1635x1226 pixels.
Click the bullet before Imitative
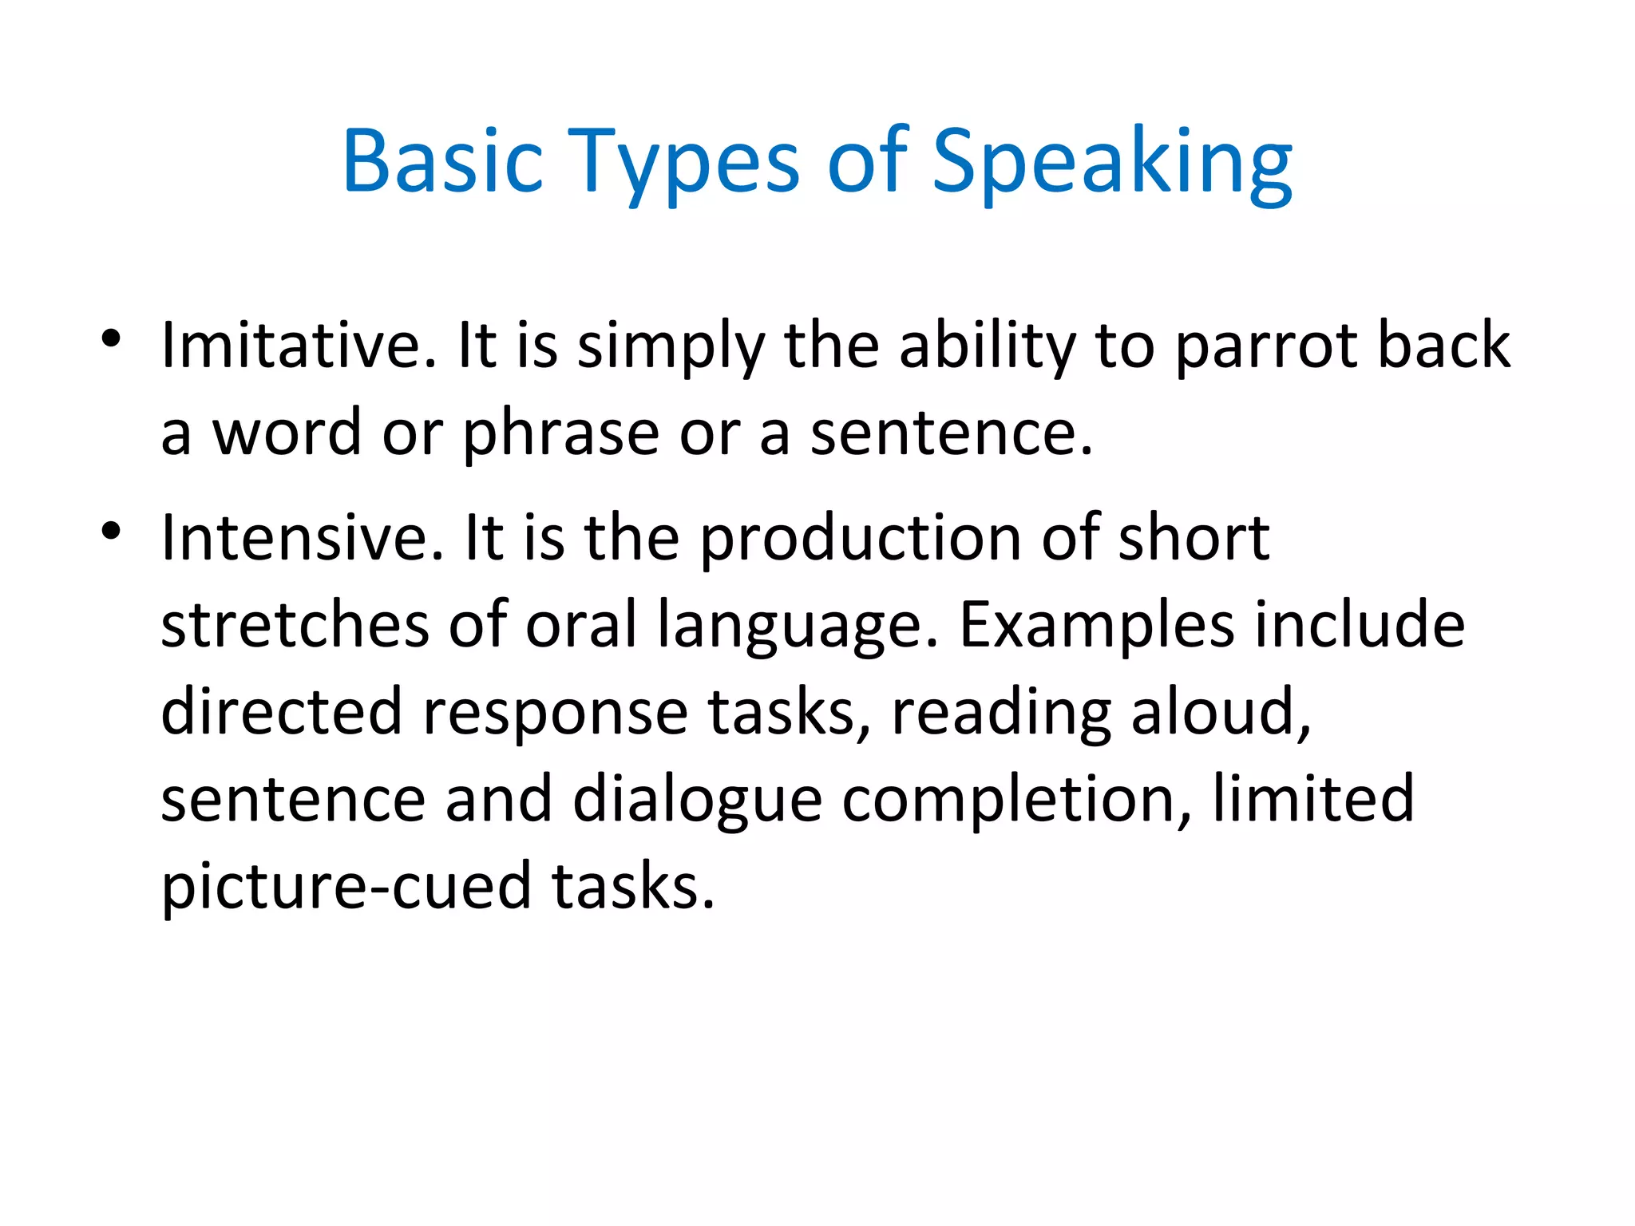coord(111,338)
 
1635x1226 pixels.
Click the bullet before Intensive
coord(111,530)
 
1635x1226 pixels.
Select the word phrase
coord(561,436)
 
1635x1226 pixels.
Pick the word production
coord(861,540)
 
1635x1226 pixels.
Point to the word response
coord(555,715)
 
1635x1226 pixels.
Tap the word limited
coord(1313,798)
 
